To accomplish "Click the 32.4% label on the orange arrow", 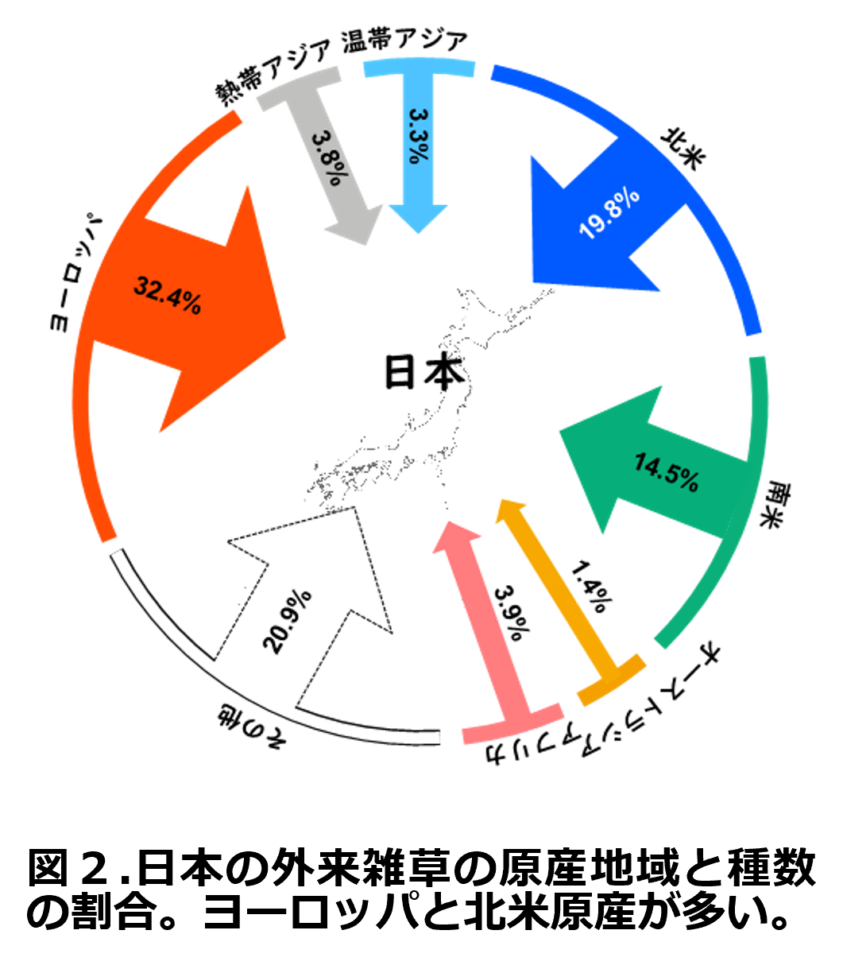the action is [168, 296].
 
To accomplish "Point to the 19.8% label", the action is [609, 214].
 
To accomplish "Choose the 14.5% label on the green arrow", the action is [666, 472].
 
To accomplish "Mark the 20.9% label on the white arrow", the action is [288, 620].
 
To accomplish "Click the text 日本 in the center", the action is [424, 373].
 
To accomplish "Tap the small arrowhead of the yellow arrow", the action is [510, 510].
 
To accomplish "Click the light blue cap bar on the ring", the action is [419, 67].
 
